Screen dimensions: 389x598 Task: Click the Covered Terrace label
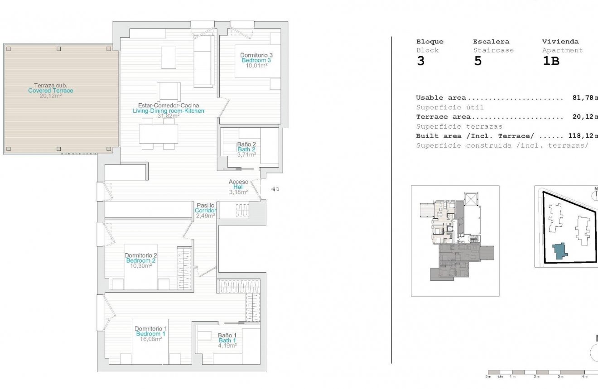coord(50,91)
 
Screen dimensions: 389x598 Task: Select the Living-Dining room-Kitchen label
coord(168,111)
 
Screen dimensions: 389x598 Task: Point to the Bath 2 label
coord(246,149)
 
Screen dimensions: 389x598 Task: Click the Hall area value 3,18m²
coord(238,192)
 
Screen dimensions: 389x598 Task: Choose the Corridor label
coord(206,211)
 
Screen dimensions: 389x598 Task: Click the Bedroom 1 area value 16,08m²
coord(150,339)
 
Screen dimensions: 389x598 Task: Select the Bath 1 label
coord(227,341)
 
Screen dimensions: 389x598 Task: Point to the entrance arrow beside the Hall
coord(273,189)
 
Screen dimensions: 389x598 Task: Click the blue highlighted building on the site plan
coord(560,250)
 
